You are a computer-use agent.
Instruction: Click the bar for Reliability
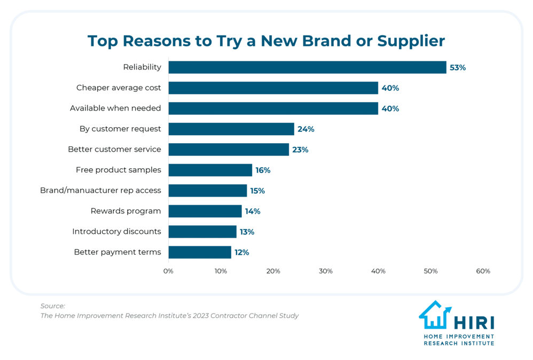point(307,67)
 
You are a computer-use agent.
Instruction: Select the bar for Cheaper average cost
point(273,88)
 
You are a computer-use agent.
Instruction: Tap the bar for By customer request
point(231,129)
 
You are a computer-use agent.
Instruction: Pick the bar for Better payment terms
point(200,252)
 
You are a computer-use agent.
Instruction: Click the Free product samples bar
point(210,170)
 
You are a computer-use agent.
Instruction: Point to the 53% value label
point(458,67)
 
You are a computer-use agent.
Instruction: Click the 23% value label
point(300,150)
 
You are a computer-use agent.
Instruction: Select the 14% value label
point(253,211)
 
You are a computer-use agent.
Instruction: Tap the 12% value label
point(242,252)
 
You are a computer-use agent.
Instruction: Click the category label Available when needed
point(115,108)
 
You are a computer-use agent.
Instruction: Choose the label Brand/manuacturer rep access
point(100,190)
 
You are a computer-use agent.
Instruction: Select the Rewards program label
point(126,211)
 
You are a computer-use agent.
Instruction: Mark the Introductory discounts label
point(116,231)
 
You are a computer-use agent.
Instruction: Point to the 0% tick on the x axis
point(168,271)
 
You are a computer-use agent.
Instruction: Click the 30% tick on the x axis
point(326,271)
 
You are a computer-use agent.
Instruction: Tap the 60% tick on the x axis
point(483,271)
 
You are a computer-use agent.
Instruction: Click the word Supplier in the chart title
point(411,41)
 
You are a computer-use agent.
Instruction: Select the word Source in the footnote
point(52,306)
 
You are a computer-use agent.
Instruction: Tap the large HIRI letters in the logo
point(474,323)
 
